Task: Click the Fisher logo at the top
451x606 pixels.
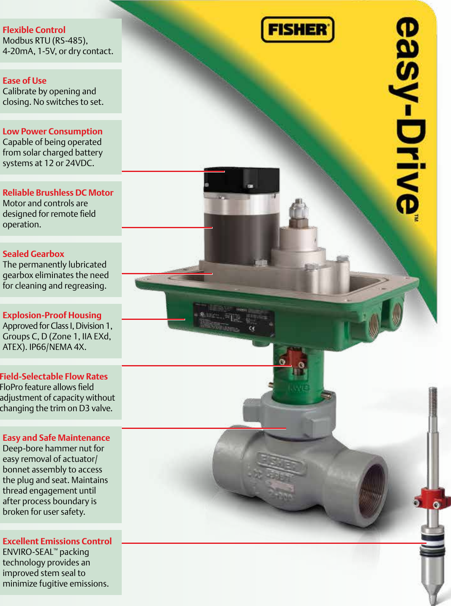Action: point(298,30)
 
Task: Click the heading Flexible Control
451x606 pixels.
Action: point(34,30)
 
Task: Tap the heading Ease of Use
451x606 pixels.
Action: point(25,81)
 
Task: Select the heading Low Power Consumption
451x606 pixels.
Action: point(52,131)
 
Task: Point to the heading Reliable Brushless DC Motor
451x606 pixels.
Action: point(58,193)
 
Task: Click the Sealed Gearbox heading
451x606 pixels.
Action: point(33,254)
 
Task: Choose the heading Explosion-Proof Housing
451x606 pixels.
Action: point(52,315)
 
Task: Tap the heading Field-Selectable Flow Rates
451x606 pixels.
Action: point(54,377)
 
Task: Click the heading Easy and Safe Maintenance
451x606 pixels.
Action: point(56,438)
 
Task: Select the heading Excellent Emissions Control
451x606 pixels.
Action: point(57,541)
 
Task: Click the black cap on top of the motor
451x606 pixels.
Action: point(241,180)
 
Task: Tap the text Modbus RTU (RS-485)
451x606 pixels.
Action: point(45,41)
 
